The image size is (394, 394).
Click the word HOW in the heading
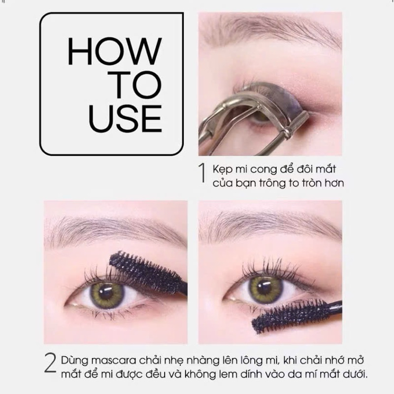115,51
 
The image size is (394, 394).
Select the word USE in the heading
125,119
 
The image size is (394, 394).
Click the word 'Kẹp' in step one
223,169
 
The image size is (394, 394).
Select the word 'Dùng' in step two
75,361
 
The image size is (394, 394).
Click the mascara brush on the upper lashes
148,273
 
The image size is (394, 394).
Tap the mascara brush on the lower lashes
296,315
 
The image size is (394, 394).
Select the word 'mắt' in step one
326,169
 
